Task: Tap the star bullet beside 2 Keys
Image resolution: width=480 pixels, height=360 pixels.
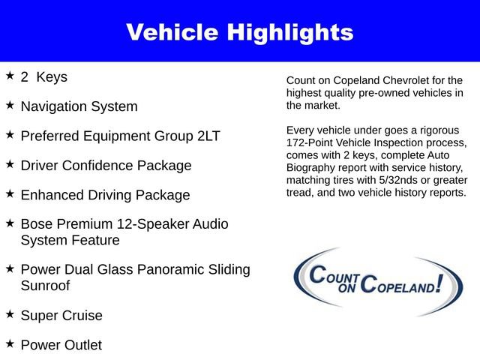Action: click(10, 76)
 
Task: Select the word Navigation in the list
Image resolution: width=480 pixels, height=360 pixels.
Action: click(53, 106)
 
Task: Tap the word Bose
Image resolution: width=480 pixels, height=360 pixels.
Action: click(37, 224)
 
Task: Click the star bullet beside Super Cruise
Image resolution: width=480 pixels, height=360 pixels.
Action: click(10, 314)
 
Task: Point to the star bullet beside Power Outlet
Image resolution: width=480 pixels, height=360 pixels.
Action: click(10, 343)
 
